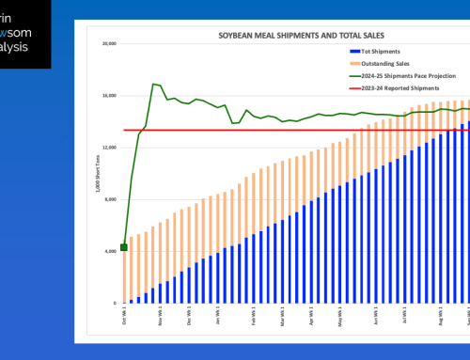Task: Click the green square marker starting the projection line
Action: [x=124, y=247]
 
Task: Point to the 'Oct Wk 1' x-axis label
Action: [x=123, y=318]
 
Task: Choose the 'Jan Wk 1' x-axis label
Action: [x=217, y=318]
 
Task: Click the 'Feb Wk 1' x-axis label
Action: [x=254, y=318]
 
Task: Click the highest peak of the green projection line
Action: [x=153, y=84]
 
